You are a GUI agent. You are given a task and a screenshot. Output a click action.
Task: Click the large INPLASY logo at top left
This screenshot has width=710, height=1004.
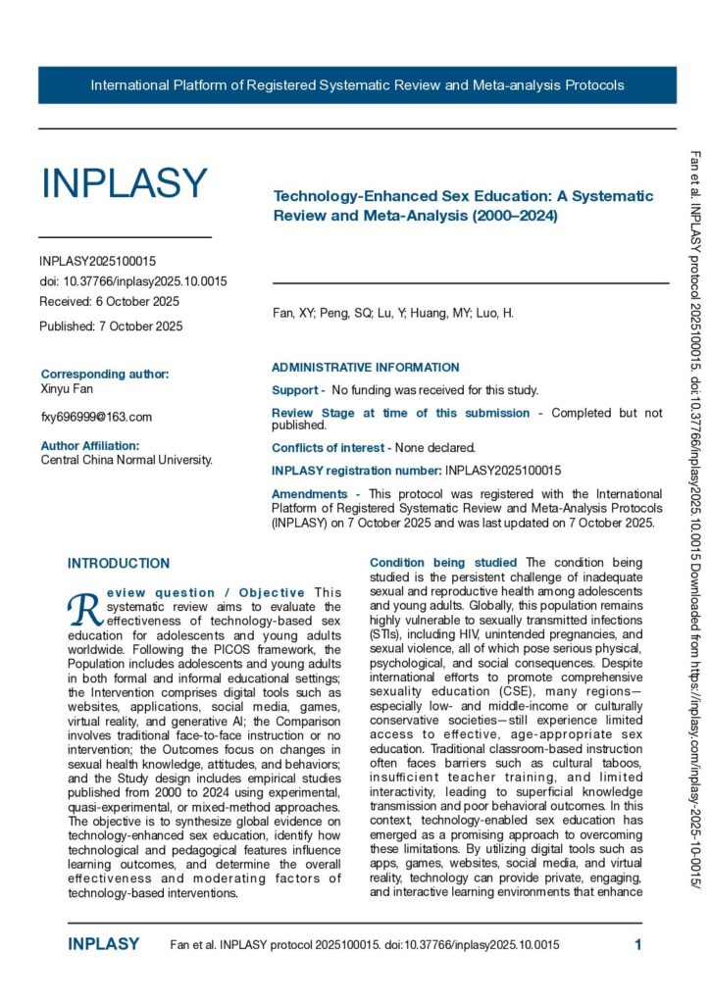[124, 183]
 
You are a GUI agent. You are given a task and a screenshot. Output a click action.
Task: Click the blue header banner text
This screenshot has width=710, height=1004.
[357, 85]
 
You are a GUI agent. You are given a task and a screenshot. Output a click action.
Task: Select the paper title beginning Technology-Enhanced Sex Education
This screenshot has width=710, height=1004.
[463, 206]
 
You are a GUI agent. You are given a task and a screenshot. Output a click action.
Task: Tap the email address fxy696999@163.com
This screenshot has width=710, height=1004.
[96, 417]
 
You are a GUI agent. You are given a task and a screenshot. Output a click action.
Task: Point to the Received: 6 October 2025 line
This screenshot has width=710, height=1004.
[109, 301]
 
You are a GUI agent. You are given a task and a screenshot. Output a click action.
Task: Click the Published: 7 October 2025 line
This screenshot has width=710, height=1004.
[111, 326]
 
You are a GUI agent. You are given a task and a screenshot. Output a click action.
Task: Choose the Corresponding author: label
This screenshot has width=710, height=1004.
[105, 374]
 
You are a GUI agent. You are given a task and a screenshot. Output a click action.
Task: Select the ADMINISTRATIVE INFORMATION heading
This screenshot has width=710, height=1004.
[365, 368]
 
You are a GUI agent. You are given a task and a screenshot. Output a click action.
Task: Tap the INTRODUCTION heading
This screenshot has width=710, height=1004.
[119, 564]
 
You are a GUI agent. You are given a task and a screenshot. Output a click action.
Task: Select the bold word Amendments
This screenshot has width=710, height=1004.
[309, 494]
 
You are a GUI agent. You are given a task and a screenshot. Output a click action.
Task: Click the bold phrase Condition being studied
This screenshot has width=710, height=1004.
[416, 563]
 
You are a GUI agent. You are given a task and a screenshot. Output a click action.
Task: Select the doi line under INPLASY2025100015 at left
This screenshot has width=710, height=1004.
[132, 281]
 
